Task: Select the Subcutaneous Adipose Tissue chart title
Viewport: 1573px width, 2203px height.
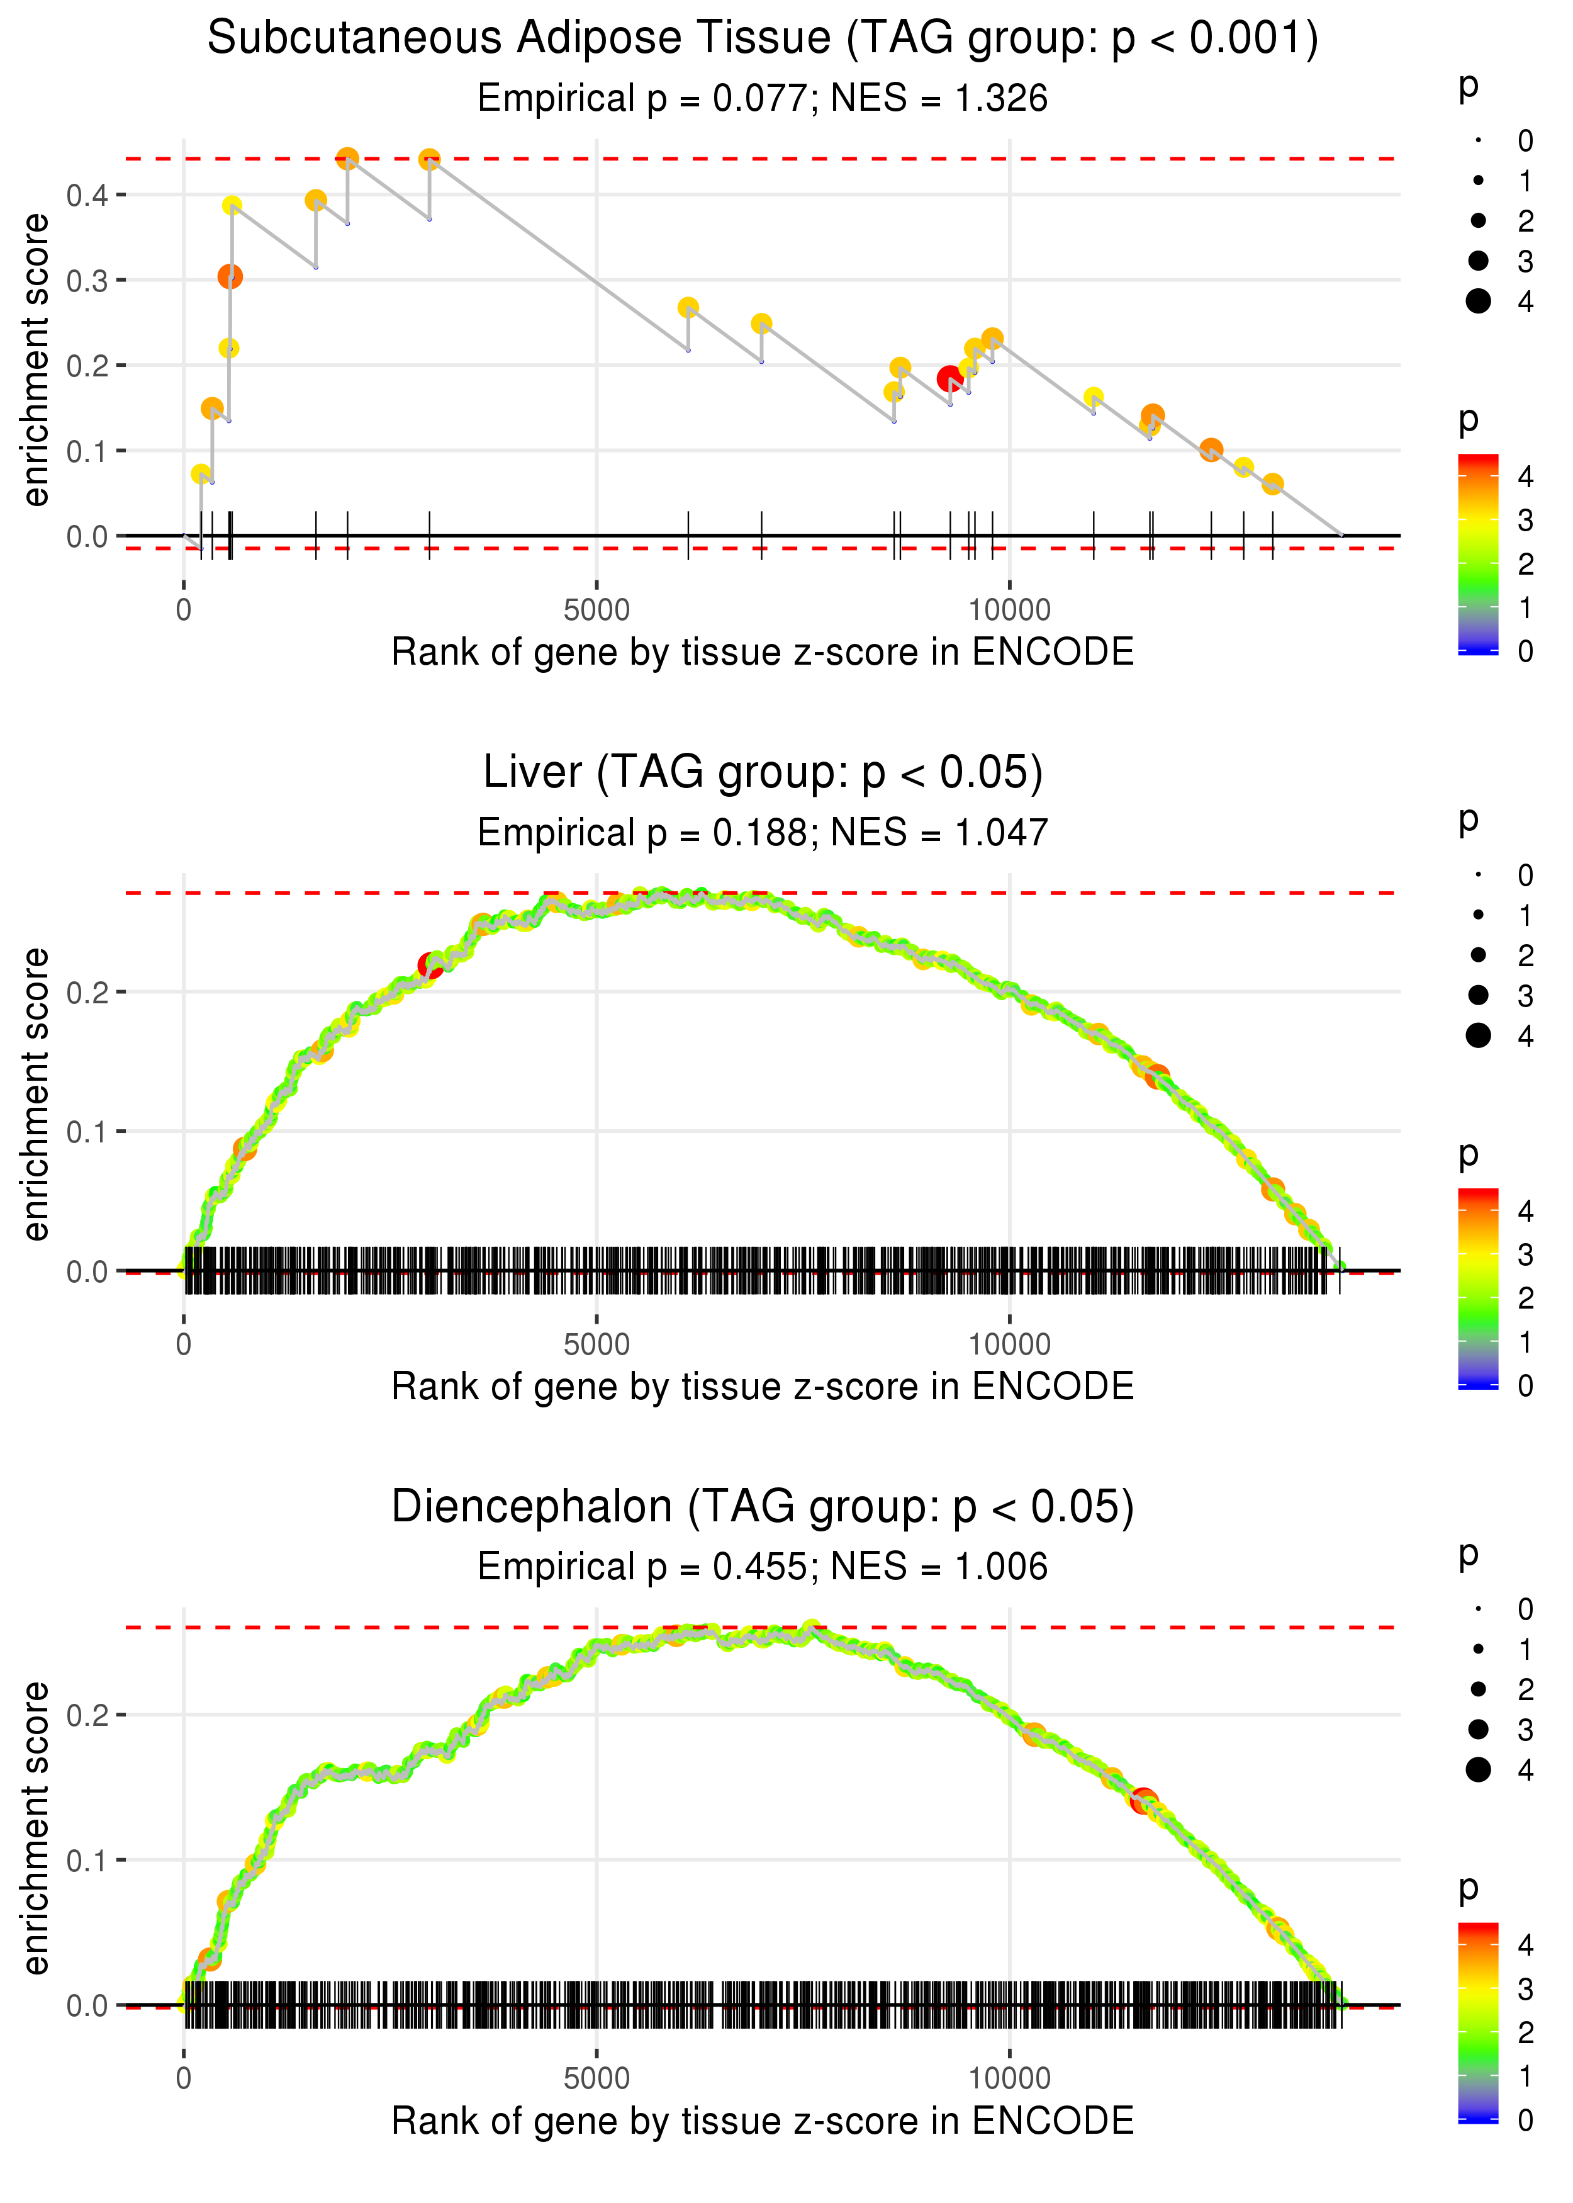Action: pos(763,39)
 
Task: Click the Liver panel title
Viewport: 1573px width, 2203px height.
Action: pos(763,773)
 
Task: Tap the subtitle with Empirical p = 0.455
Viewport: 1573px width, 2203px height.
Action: pos(763,1567)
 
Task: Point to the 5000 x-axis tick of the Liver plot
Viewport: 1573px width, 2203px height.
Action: pos(596,1344)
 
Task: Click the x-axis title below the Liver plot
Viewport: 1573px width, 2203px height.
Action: pos(763,1387)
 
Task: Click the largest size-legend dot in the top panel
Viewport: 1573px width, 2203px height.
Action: pos(1478,301)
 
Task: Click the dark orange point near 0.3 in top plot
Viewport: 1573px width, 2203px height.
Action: pos(230,277)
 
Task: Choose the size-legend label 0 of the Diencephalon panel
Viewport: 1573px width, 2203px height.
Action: pos(1526,1609)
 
